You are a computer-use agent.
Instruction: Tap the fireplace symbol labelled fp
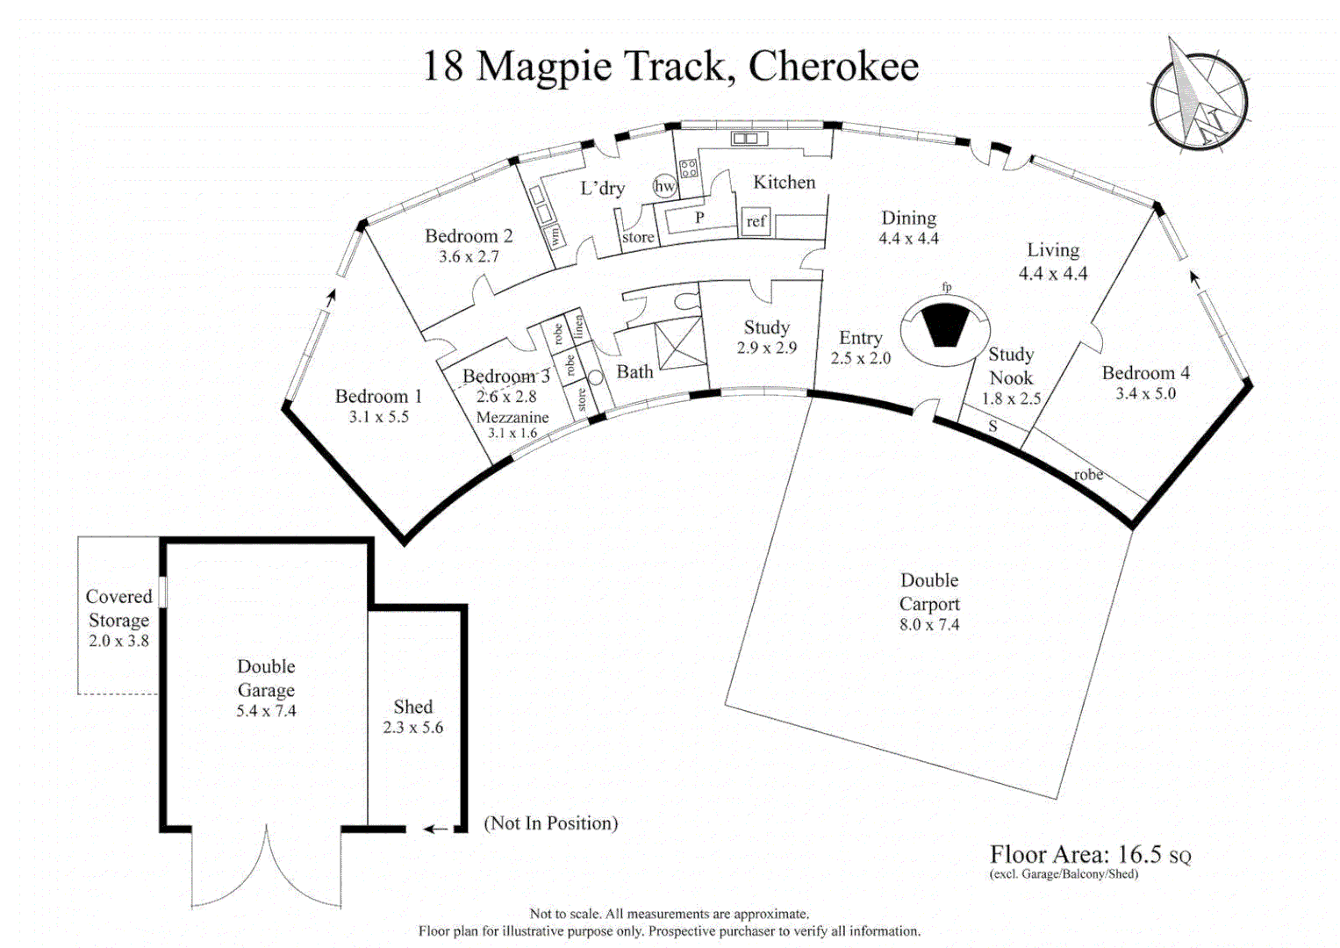945,323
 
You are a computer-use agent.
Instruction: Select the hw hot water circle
664,186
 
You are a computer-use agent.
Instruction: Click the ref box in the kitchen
756,221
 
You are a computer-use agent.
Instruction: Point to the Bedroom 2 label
469,236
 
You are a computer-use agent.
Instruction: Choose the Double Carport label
929,592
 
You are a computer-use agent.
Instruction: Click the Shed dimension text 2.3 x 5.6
412,728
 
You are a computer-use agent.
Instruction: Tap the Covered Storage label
118,607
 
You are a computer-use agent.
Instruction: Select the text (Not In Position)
551,823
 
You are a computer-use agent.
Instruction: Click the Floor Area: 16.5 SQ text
1090,855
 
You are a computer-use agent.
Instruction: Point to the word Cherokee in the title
833,67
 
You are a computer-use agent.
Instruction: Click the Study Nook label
1011,366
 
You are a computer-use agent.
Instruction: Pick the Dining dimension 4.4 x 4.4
908,239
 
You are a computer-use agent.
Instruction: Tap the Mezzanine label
512,418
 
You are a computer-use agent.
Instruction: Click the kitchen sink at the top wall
749,139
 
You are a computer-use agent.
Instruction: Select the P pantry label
699,218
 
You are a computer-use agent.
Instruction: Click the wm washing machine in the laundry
555,236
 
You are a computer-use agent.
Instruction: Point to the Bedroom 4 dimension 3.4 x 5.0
1145,394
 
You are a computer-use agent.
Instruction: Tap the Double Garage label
266,679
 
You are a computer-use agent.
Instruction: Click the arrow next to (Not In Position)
435,829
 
